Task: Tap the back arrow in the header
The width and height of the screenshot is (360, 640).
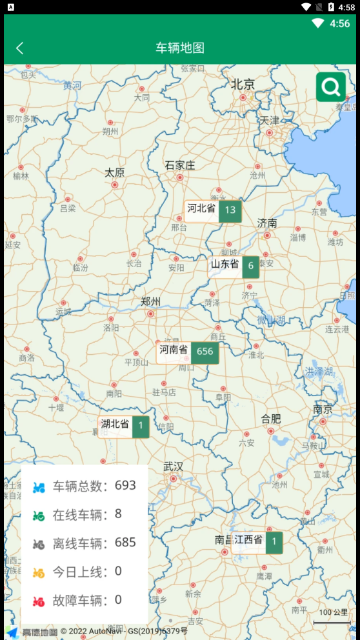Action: (x=20, y=48)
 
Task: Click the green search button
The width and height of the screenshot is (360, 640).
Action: (x=331, y=87)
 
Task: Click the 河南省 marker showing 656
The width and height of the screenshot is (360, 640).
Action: (x=188, y=352)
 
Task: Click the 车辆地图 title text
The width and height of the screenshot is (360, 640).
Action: (x=180, y=48)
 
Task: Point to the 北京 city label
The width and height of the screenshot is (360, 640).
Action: (x=243, y=84)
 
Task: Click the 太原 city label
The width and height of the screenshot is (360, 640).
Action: (x=115, y=172)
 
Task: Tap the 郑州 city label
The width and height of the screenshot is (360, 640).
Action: (x=151, y=301)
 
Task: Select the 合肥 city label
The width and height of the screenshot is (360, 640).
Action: (x=271, y=419)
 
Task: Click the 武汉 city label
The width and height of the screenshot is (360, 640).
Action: (x=173, y=466)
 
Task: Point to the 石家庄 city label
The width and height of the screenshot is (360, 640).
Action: (x=180, y=165)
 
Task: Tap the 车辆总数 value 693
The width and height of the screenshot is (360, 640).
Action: (x=125, y=485)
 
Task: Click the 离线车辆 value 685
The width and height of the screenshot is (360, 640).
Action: (x=125, y=543)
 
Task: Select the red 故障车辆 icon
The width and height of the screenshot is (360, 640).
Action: (x=39, y=601)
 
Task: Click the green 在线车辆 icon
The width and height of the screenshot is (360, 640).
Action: (x=39, y=515)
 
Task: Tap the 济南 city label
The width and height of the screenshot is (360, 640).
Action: (x=267, y=223)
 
